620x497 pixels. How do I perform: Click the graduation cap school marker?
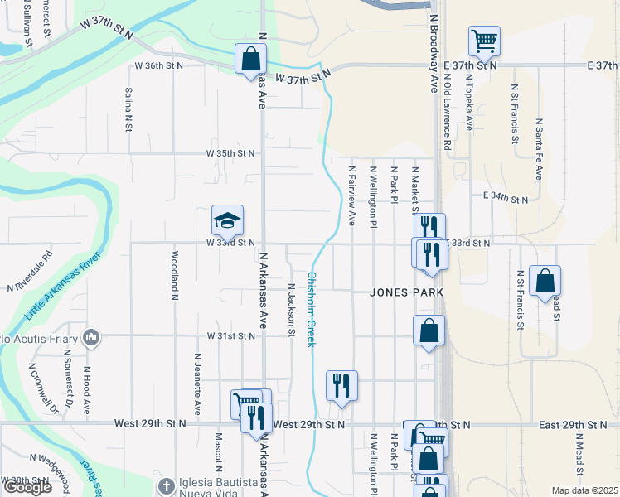click(x=227, y=221)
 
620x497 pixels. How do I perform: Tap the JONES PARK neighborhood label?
click(x=406, y=292)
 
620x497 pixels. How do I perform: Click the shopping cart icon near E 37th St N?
click(x=483, y=40)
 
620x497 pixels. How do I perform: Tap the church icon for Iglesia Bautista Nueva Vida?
click(x=165, y=485)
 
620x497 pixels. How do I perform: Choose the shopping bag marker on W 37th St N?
click(x=250, y=60)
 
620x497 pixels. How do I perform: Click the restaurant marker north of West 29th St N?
click(x=341, y=385)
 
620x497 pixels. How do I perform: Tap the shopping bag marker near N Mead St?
click(x=545, y=282)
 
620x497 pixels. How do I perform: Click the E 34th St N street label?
click(x=505, y=199)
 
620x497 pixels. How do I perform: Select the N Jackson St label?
click(x=291, y=311)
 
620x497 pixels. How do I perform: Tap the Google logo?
click(x=27, y=487)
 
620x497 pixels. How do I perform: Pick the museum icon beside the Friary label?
click(x=91, y=337)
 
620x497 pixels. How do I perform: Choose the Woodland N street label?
click(x=175, y=273)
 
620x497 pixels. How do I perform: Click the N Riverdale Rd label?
click(x=30, y=272)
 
